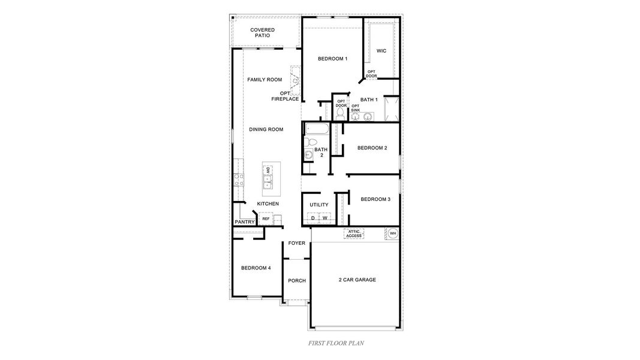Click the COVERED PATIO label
point(263,32)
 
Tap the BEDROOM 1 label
point(332,59)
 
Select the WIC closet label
point(381,51)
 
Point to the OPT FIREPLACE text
point(286,96)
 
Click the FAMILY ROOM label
point(265,80)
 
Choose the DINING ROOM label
point(266,130)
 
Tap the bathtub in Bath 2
point(317,129)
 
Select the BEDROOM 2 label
point(372,148)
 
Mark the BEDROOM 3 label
point(375,199)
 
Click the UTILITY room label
point(319,205)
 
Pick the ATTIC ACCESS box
point(354,234)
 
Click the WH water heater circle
point(393,233)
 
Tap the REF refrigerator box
point(266,219)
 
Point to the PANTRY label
point(245,222)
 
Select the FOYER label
point(297,244)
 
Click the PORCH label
point(297,281)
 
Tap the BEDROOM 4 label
point(256,268)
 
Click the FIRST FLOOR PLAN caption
point(336,344)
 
